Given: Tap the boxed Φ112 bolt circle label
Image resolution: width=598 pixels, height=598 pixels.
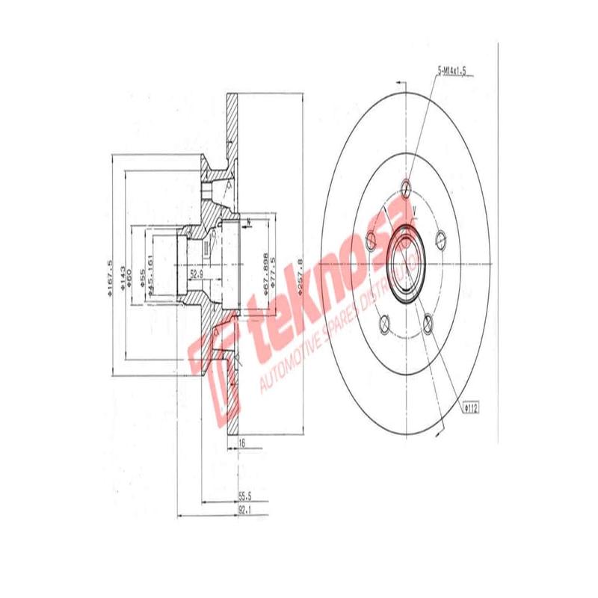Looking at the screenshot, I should [x=472, y=408].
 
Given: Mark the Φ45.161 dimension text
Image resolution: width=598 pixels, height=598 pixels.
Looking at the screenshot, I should [x=151, y=278].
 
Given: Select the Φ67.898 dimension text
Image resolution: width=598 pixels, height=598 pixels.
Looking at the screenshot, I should [x=265, y=272].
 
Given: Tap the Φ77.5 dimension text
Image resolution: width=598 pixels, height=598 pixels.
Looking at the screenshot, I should [x=275, y=271].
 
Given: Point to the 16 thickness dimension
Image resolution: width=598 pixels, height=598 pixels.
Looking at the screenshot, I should [x=241, y=443].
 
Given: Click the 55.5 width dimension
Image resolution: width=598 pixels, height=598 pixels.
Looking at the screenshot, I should [x=244, y=495].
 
